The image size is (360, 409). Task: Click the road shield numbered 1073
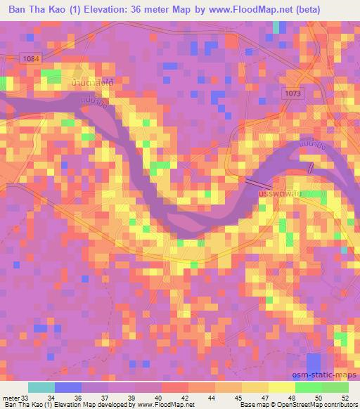[294, 92]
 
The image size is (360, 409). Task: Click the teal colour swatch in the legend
[41, 387]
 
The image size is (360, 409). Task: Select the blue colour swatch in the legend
[67, 387]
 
